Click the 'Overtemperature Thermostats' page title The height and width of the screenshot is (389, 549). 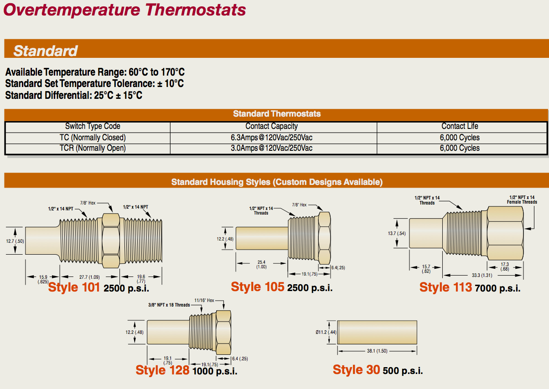124,10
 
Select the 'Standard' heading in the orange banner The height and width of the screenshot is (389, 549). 45,51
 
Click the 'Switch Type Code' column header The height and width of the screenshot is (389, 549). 93,126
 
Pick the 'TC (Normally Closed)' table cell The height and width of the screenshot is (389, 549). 93,138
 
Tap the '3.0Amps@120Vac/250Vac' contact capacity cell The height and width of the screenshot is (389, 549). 272,148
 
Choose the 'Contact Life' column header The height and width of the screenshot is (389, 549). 460,126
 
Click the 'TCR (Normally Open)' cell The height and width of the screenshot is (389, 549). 93,148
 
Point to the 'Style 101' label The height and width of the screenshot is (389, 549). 74,287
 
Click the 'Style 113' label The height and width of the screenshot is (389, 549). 445,287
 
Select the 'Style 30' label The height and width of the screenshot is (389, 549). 356,370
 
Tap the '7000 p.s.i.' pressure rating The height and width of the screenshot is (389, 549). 497,288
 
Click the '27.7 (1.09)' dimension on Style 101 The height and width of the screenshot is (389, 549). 89,277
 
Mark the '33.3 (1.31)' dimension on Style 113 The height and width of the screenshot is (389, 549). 482,275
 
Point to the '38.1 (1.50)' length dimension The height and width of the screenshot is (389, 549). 377,351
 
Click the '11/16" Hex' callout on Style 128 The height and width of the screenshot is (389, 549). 204,300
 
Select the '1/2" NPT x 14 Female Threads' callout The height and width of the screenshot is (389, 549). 522,200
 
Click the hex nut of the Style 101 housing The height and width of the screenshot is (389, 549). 111,241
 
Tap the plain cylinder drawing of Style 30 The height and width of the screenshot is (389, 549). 377,332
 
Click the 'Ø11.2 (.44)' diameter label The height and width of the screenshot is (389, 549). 326,332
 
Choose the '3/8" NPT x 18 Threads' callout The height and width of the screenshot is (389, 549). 169,305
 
